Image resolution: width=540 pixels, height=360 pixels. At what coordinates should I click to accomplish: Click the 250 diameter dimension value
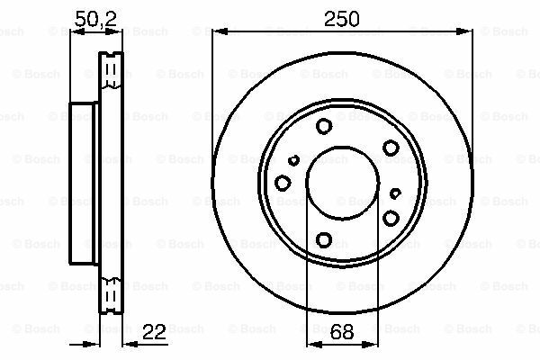coord(342,19)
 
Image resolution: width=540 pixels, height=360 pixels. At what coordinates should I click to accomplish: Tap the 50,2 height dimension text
coord(95,20)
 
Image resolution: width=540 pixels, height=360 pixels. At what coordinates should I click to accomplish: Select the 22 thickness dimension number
coord(154,332)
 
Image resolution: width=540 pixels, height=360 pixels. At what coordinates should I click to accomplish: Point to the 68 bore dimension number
coord(342,332)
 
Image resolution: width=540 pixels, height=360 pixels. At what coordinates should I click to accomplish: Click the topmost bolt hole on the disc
coord(324,126)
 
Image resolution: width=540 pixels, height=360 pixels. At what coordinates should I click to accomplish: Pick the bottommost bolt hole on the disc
coord(324,239)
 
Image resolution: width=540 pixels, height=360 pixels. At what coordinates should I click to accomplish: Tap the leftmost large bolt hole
coord(283,183)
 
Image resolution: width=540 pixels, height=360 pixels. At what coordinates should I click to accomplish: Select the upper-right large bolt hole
coord(391,148)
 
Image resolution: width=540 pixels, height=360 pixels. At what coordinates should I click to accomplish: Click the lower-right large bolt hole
coord(391,218)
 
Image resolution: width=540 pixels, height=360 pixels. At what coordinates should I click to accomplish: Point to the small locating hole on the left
coord(293,160)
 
